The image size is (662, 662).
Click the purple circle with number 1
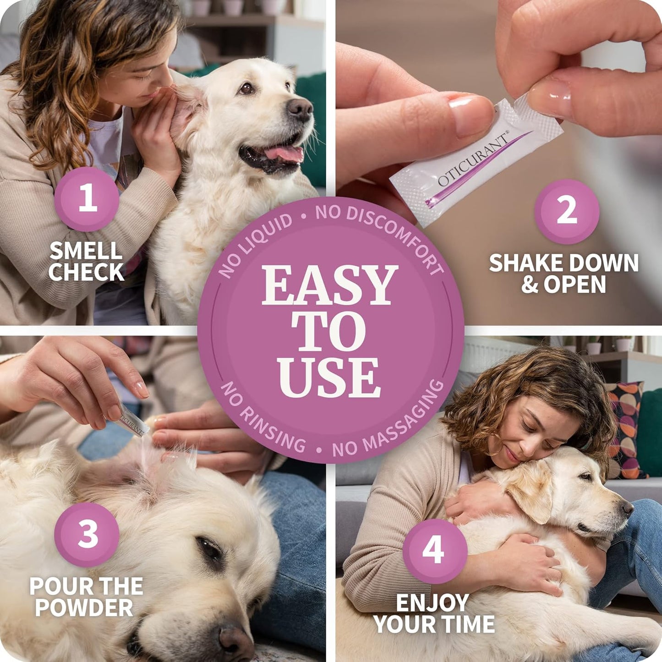(87, 199)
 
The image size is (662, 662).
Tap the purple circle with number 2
(567, 211)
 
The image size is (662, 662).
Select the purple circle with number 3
(87, 534)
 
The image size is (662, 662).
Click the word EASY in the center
(329, 285)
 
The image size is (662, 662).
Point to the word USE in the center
(329, 378)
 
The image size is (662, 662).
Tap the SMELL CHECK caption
(86, 262)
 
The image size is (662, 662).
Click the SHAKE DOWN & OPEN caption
(564, 274)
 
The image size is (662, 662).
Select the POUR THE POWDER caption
(86, 597)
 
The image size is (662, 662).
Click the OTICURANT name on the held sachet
(472, 160)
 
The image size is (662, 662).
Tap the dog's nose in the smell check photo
(300, 109)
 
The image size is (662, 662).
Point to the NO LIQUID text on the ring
(255, 245)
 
